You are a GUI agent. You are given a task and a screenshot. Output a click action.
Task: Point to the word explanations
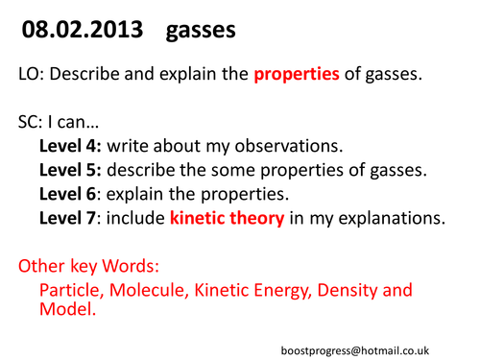click(x=390, y=219)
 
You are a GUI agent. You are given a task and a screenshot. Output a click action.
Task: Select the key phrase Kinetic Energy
click(x=252, y=289)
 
